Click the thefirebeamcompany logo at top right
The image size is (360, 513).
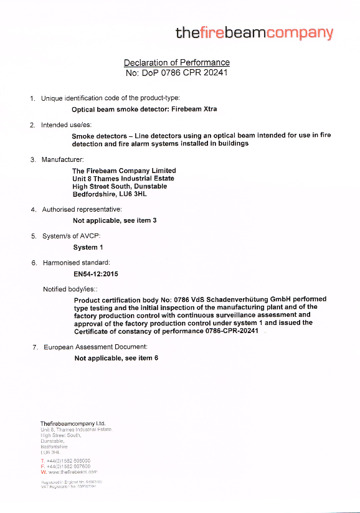click(254, 33)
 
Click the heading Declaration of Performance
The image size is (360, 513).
click(177, 62)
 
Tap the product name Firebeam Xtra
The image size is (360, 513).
click(194, 109)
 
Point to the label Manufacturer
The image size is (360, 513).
click(63, 160)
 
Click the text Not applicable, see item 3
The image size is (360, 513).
click(115, 220)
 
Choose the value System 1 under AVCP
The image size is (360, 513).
click(88, 247)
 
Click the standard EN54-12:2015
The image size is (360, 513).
click(96, 273)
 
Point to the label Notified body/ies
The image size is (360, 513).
click(70, 289)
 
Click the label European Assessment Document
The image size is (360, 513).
click(95, 347)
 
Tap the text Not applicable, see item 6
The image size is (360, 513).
click(116, 358)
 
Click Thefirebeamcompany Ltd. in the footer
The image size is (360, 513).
click(73, 423)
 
